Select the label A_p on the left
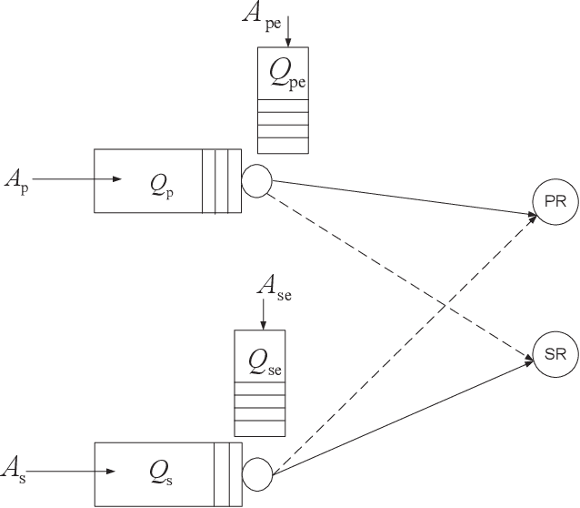pyautogui.click(x=15, y=178)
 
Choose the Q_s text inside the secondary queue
pyautogui.click(x=165, y=472)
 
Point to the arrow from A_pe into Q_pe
pyautogui.click(x=288, y=32)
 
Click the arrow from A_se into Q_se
pyautogui.click(x=262, y=313)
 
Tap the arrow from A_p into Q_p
pyautogui.click(x=77, y=179)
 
